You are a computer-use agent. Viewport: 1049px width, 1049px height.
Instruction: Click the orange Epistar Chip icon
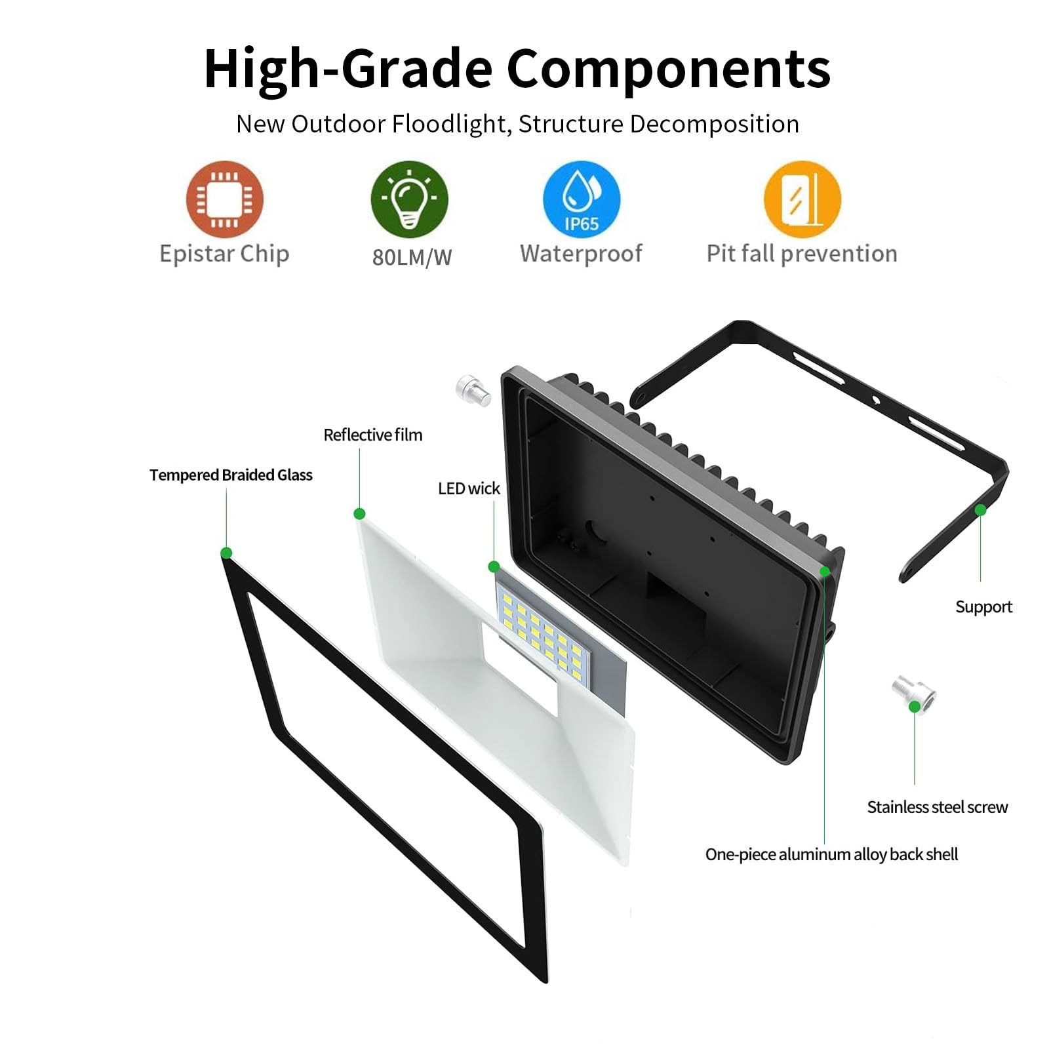click(x=225, y=199)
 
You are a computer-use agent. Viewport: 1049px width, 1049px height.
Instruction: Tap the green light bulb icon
click(x=410, y=199)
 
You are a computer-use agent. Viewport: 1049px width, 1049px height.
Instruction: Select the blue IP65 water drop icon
click(x=582, y=199)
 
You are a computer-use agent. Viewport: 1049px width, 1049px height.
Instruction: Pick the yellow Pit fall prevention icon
click(x=802, y=199)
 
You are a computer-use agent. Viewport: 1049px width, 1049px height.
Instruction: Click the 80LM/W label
click(x=412, y=258)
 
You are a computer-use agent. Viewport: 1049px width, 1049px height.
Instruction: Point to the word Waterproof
click(x=581, y=254)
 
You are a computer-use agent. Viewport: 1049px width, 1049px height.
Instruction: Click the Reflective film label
click(x=373, y=435)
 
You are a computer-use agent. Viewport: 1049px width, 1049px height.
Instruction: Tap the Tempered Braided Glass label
click(x=231, y=475)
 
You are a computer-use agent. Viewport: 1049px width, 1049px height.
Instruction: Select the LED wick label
click(x=469, y=488)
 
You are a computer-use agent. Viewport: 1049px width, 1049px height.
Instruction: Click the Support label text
click(x=983, y=607)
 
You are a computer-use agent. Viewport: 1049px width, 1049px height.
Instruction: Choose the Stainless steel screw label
click(x=938, y=807)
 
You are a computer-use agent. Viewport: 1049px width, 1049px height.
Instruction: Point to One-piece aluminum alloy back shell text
click(x=831, y=854)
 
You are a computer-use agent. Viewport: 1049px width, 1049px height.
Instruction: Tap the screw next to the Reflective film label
click(x=473, y=391)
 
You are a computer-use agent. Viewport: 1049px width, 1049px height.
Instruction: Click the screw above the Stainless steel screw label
click(x=913, y=693)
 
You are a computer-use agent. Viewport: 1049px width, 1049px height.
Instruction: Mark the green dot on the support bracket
click(x=980, y=510)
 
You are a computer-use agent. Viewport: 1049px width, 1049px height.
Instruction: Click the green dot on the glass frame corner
click(x=226, y=553)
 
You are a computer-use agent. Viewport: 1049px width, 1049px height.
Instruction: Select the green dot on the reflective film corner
click(x=359, y=514)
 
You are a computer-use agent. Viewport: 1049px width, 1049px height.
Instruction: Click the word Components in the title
click(x=669, y=69)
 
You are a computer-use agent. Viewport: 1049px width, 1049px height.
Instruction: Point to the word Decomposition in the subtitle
click(x=714, y=125)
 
